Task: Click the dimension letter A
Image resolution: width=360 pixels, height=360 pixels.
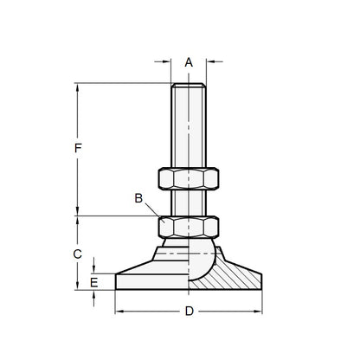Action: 189,61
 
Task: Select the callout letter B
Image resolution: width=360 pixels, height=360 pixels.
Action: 138,197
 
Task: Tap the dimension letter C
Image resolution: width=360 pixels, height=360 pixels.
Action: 77,254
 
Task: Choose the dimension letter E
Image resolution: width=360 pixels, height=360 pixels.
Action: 94,281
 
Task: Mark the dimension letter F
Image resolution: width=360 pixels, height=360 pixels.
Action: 78,149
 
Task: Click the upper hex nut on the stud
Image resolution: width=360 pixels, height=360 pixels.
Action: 189,177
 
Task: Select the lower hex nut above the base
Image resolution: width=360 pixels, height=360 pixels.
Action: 189,227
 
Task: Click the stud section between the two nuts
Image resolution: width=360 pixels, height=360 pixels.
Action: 189,202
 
